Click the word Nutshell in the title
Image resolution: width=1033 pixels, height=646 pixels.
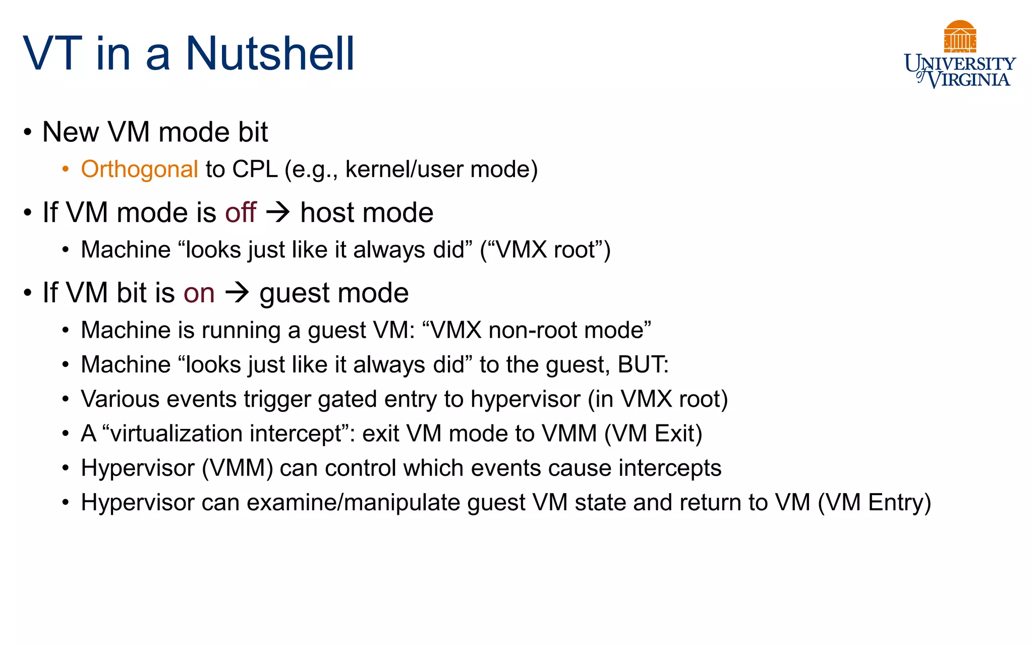[270, 53]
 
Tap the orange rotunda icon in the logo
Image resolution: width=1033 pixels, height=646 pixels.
[960, 36]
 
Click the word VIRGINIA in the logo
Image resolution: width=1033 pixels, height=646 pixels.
[969, 80]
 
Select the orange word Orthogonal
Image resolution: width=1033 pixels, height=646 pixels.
[139, 169]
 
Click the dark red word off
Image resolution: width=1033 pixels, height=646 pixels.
[241, 212]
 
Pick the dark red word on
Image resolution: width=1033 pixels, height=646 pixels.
[199, 293]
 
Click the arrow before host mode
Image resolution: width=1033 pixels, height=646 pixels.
[278, 212]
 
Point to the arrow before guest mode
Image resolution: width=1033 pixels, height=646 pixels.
[237, 293]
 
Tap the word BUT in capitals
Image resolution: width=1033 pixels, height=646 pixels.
[640, 364]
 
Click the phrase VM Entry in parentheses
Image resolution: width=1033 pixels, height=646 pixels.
[874, 503]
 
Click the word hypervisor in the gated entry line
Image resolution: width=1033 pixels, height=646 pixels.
[526, 399]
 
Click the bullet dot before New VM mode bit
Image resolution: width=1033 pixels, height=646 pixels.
[28, 133]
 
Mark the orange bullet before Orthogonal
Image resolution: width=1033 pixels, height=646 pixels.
[65, 170]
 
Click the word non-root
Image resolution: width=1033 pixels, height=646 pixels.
[532, 330]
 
